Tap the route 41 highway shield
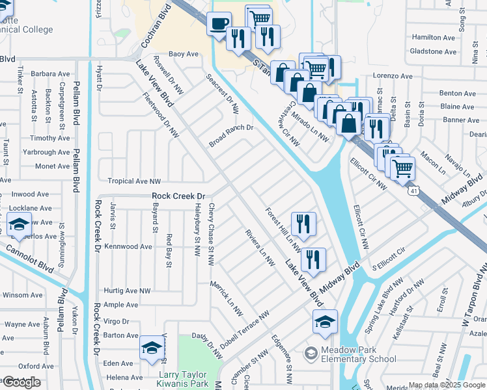tap(414, 190)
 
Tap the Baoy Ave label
tap(183, 54)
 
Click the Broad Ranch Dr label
tap(230, 135)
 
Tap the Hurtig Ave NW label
tap(126, 291)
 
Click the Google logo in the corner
tap(21, 382)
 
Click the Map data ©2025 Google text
tap(447, 385)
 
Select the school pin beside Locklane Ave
tap(20, 225)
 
